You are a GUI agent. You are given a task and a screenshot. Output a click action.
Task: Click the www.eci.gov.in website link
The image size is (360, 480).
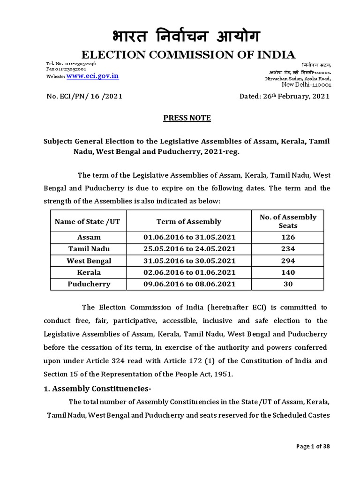(x=92, y=75)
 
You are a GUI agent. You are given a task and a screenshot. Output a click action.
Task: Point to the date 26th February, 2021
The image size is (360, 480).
(x=285, y=96)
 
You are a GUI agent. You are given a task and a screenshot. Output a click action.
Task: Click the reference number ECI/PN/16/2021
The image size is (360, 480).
(x=85, y=96)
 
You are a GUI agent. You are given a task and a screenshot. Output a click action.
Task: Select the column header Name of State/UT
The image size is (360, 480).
(x=87, y=221)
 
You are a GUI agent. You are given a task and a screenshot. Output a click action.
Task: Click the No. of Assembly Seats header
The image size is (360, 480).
(x=288, y=221)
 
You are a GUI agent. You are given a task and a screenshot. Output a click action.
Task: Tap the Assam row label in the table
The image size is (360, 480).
(x=89, y=237)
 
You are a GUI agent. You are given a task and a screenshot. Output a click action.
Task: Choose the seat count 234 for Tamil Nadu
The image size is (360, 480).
(x=288, y=249)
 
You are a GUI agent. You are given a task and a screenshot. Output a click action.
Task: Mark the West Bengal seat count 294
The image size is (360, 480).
(x=288, y=261)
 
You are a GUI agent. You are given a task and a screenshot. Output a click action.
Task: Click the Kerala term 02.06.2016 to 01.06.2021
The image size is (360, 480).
(x=189, y=272)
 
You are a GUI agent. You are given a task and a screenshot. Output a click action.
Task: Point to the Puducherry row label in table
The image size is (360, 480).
(x=89, y=284)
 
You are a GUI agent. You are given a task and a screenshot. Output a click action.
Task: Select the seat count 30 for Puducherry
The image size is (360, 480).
(x=288, y=284)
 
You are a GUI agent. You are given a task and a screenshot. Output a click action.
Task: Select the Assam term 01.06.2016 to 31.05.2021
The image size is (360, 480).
(x=189, y=237)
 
